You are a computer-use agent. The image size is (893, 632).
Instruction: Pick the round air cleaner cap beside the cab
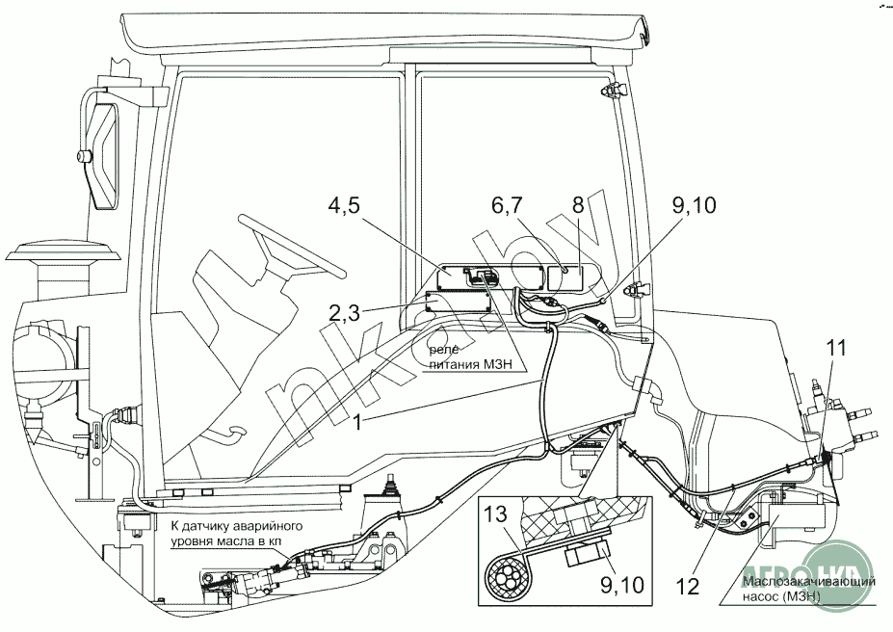tap(63, 255)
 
